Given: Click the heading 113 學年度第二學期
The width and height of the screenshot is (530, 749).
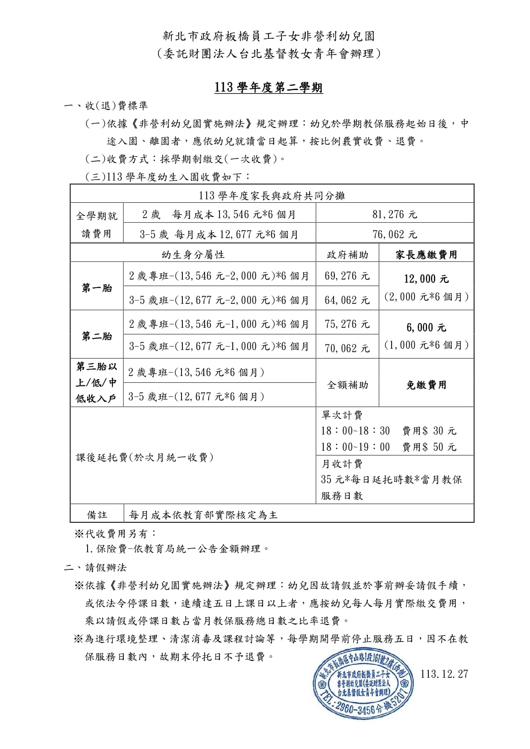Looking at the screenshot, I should point(269,88).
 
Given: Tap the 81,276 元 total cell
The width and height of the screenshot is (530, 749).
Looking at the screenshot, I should point(395,214).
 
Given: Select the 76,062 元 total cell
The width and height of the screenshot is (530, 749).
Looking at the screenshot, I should point(395,234).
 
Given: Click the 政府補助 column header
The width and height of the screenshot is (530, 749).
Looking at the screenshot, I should point(347,255).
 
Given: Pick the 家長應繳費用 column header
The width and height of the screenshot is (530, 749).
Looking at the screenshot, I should point(426,255).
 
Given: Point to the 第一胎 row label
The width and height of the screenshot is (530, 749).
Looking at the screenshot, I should point(97,288).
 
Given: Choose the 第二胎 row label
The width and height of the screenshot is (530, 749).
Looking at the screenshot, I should point(97,336).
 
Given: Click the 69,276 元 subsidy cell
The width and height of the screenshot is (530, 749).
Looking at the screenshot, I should point(347,276).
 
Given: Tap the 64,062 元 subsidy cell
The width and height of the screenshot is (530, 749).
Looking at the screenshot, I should point(347,300).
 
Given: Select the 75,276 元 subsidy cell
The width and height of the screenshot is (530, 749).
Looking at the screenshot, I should point(347,324).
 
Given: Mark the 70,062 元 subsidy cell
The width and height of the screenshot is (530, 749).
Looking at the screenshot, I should point(347,348).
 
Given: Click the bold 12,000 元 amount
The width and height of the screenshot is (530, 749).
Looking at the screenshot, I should point(426,279).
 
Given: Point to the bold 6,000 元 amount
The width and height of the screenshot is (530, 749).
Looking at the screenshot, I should point(426,328).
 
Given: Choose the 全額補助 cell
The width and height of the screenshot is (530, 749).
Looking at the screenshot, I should point(347,385).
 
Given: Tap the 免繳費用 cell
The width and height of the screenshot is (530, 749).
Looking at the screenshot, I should point(426,385).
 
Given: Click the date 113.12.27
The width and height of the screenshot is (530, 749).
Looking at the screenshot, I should point(444,674).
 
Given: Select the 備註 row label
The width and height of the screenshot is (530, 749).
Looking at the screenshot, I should point(97,515).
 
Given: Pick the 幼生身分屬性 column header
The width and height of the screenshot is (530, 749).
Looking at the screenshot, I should point(193,255).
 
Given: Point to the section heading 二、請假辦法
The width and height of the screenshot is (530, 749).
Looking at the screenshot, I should point(95,568).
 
